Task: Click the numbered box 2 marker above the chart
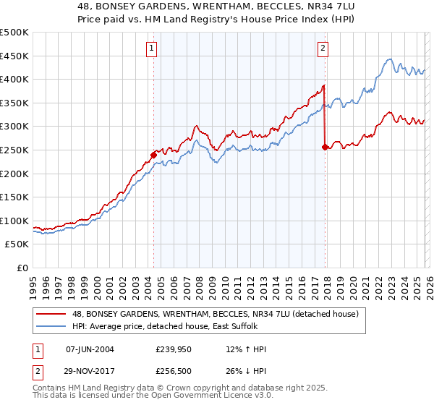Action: tap(323, 48)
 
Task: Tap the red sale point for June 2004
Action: tap(153, 154)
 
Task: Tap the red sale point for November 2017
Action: tap(325, 147)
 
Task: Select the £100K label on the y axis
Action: tap(15, 221)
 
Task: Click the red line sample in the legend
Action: tap(51, 314)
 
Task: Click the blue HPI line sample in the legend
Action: tap(51, 327)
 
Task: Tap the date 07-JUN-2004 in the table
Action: tap(90, 349)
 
